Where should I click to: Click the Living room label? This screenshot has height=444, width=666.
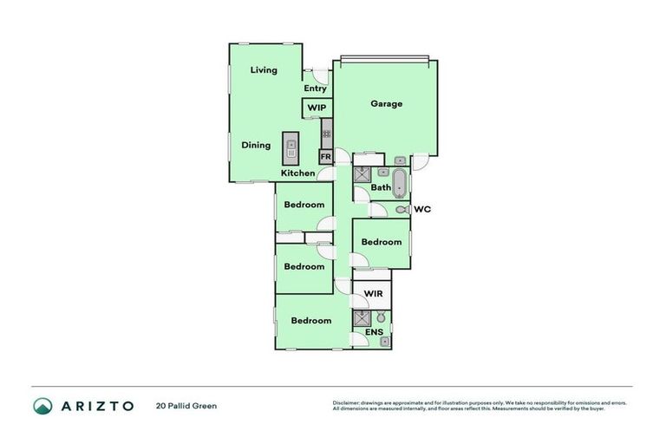click(x=264, y=70)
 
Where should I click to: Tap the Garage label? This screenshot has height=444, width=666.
click(x=387, y=104)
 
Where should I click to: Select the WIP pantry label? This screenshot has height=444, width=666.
click(x=316, y=108)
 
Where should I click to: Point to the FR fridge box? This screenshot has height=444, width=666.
click(x=326, y=157)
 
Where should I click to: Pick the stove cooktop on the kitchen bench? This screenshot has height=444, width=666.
click(x=327, y=133)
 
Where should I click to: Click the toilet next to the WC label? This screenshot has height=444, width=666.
click(x=401, y=210)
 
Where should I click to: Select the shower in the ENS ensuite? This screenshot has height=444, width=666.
click(x=361, y=318)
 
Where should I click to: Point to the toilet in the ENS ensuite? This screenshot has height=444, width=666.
click(x=381, y=319)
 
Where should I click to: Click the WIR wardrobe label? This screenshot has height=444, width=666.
click(x=373, y=295)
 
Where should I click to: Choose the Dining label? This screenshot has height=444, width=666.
click(x=256, y=146)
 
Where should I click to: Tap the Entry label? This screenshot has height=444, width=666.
click(x=315, y=88)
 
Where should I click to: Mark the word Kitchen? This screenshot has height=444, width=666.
click(x=297, y=173)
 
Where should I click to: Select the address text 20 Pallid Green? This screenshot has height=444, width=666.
click(x=186, y=406)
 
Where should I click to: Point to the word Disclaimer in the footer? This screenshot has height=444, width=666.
click(x=349, y=403)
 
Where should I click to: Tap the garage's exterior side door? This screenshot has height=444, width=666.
click(x=419, y=160)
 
